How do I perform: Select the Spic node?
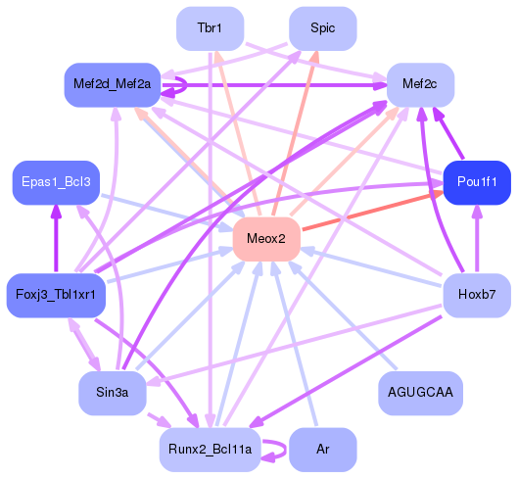point(322,28)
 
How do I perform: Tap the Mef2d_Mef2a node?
point(111,85)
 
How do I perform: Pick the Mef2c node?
point(420,84)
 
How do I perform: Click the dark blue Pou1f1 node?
point(477,182)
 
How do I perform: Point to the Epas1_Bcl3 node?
point(55,182)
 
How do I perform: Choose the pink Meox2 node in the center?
point(265,239)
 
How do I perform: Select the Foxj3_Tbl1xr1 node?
point(55,295)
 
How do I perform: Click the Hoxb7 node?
point(477,295)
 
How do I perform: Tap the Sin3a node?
point(112,393)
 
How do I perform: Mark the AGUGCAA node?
point(420,393)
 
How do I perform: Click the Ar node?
point(322,450)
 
